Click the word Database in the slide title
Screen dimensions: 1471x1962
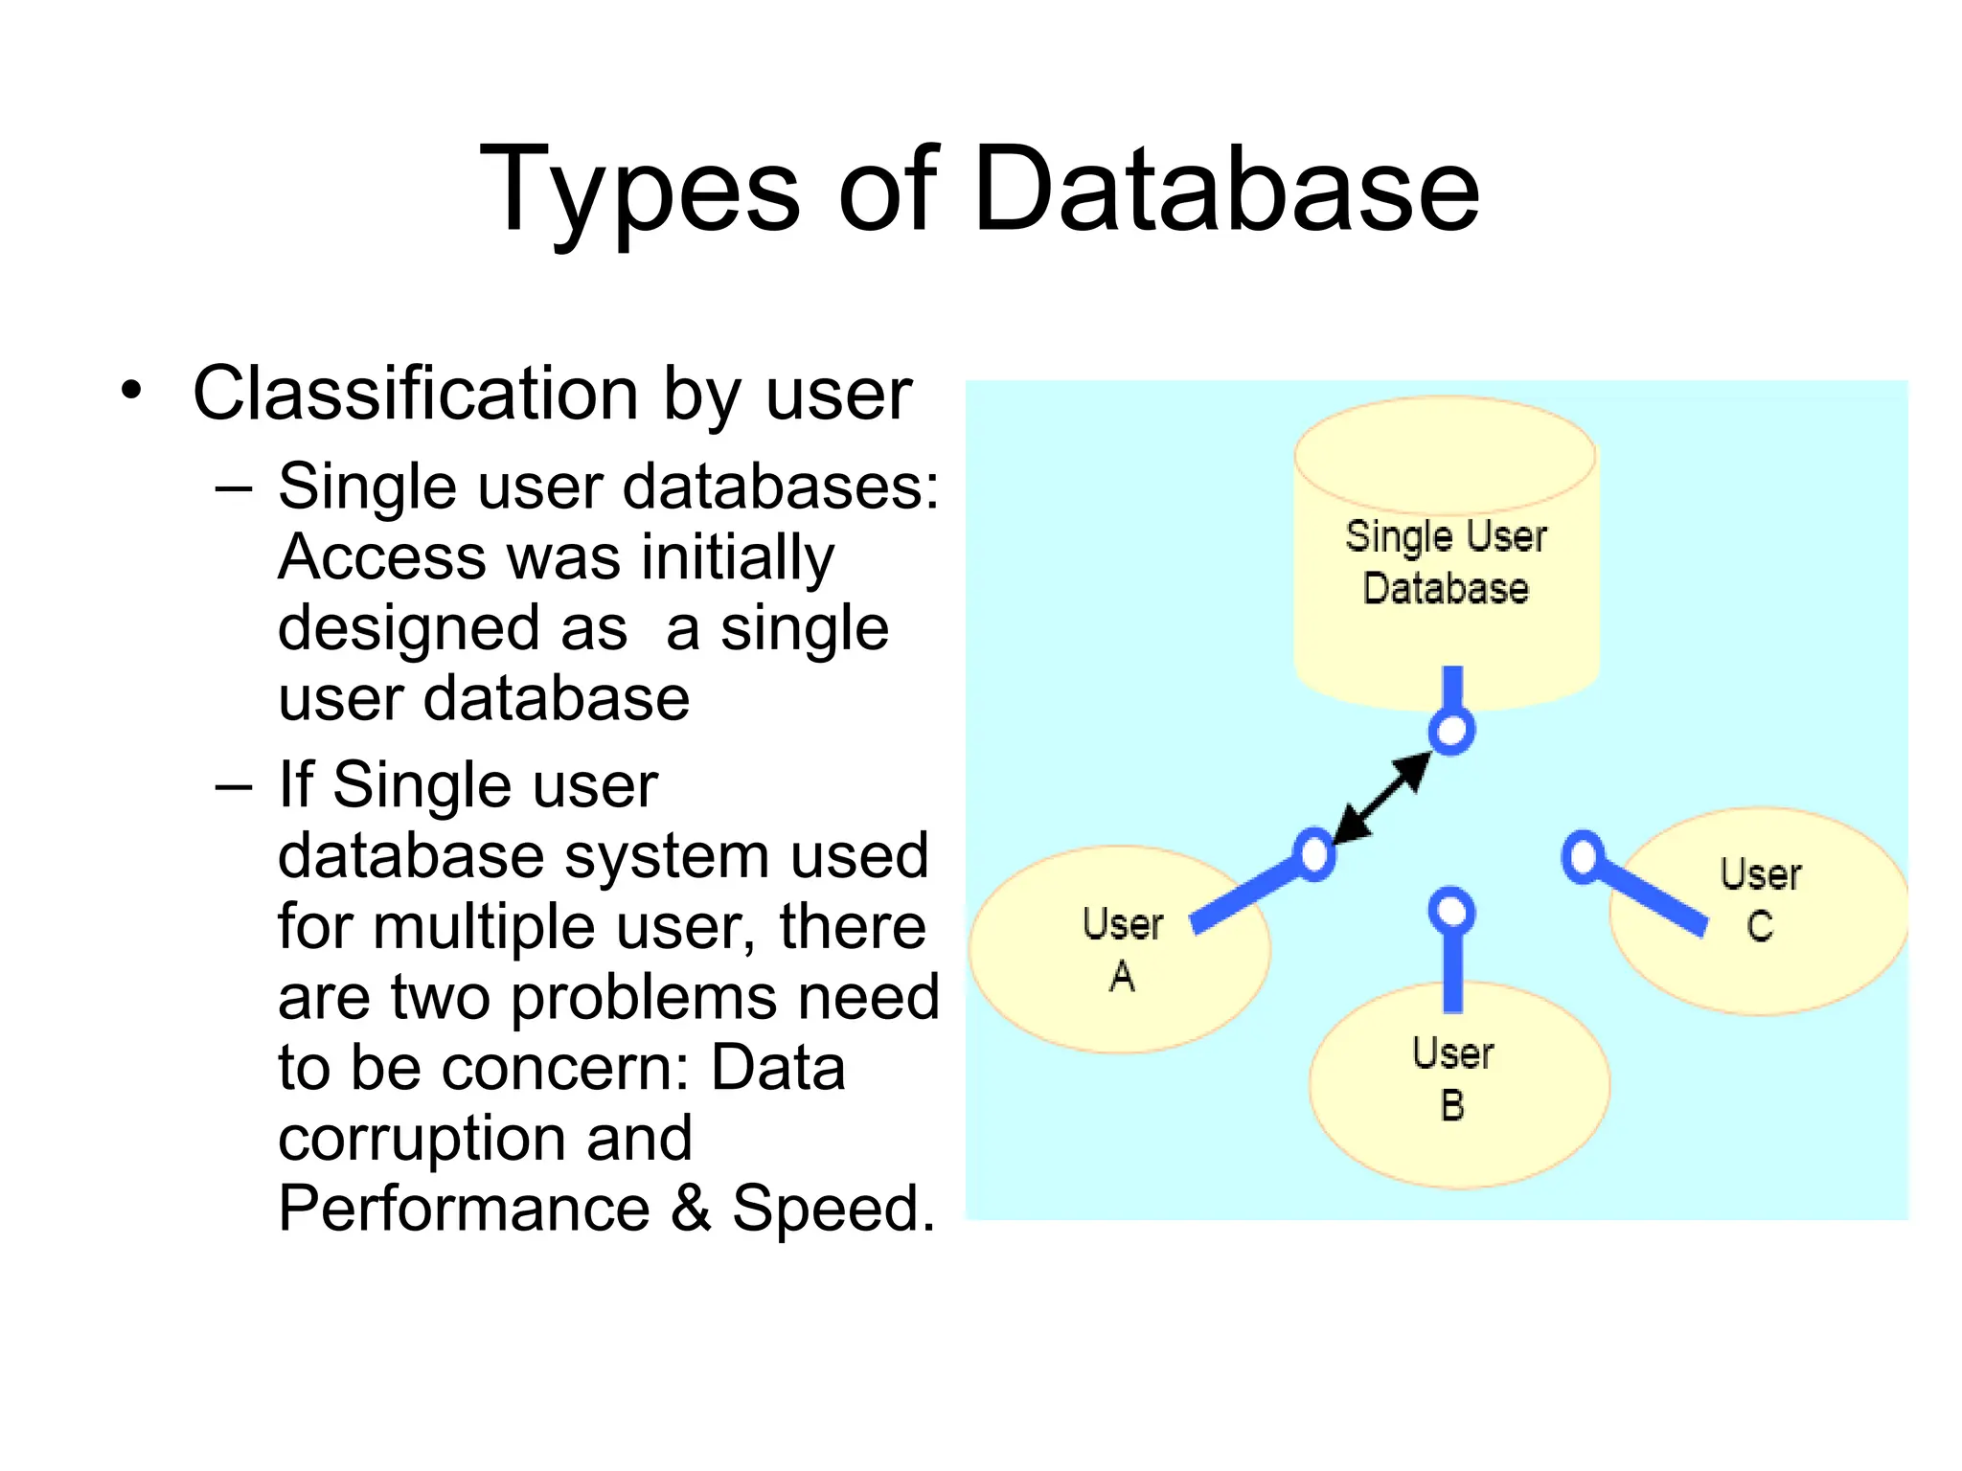coord(1226,190)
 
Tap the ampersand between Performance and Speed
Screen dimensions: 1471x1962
coord(691,1209)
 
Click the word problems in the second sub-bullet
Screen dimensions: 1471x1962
coord(644,997)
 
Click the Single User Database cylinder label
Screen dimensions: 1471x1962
coord(1446,562)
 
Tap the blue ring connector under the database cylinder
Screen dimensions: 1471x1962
coord(1451,732)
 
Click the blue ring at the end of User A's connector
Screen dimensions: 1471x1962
coord(1314,853)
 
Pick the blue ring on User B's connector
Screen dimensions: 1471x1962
coord(1452,910)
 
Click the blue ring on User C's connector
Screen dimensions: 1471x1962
coord(1583,856)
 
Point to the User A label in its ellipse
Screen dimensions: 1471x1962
coord(1123,949)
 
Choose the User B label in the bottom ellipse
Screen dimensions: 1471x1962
coord(1452,1078)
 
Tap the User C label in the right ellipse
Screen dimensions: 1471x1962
coord(1760,899)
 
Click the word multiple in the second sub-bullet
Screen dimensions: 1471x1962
coord(486,927)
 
